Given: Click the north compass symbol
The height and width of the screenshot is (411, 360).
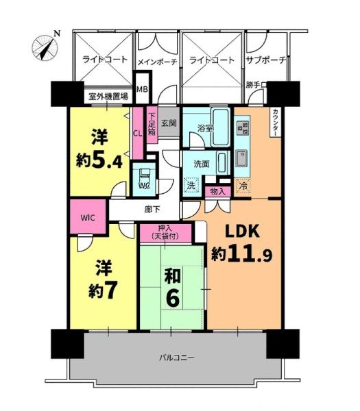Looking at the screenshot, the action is point(45,47).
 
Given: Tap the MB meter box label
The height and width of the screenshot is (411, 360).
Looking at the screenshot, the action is point(142,89).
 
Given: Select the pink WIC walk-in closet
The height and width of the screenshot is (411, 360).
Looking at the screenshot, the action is point(88,217).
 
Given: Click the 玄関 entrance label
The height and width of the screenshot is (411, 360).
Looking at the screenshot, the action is point(169,123).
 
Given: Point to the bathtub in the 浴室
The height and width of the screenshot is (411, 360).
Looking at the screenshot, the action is point(220,127).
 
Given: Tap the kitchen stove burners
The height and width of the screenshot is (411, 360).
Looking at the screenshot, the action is point(243,127).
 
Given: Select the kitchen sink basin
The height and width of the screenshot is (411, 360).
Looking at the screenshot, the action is point(241,158).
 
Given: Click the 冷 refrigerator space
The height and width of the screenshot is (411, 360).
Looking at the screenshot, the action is point(243,186).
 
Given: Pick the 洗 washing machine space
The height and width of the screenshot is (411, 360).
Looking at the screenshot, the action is point(191,186).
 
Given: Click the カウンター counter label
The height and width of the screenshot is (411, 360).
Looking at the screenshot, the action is point(276,122).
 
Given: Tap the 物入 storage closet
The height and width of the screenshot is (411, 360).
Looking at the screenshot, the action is point(218,192).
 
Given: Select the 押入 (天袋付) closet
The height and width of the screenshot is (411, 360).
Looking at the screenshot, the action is point(165,233).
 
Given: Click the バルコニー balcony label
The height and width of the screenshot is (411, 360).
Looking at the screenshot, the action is point(177,358).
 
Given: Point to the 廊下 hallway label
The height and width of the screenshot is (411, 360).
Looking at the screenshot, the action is point(152,210).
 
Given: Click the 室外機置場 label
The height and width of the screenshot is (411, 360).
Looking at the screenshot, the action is point(108,97).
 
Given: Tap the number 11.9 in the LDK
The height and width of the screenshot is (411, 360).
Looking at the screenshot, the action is point(250,254).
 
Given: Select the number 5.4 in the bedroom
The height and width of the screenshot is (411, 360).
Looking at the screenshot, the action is point(107,160).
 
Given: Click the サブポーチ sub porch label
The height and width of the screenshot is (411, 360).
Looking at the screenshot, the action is point(265,60).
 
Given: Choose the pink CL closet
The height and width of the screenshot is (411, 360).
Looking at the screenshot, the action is point(138,133).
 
